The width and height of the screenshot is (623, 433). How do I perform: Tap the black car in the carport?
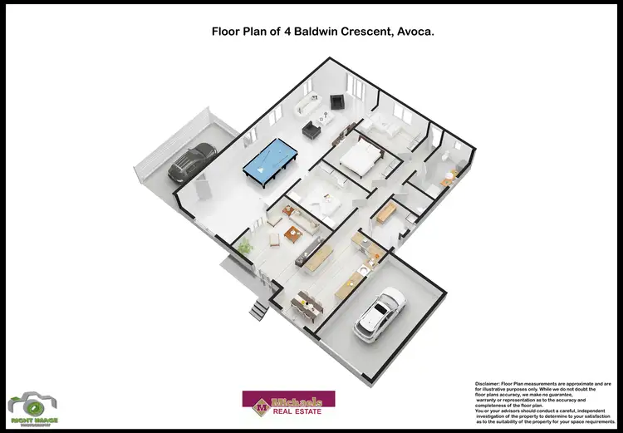pyautogui.click(x=192, y=162)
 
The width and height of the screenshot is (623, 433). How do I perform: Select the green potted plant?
pyautogui.click(x=244, y=247)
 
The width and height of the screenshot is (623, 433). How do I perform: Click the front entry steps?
pyautogui.click(x=259, y=310)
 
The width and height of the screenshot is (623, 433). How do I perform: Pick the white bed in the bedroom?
pyautogui.click(x=359, y=158)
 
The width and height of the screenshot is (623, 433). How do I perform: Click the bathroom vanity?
pyautogui.click(x=449, y=177)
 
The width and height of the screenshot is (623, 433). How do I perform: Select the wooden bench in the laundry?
pyautogui.click(x=385, y=212)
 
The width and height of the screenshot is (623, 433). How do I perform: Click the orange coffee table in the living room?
pyautogui.click(x=292, y=233)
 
